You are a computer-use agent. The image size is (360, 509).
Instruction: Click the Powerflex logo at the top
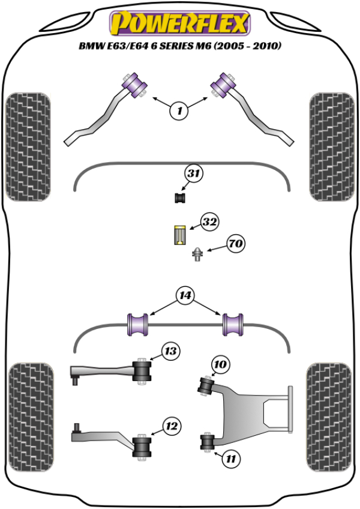tap(178, 23)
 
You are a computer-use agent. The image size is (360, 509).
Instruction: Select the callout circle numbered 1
tap(178, 110)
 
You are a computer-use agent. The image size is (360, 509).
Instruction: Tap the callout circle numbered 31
tap(193, 174)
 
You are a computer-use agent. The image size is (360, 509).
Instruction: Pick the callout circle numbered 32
tap(209, 222)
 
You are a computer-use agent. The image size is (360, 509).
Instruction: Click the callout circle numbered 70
tap(236, 244)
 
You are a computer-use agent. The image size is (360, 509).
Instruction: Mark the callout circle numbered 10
tap(220, 364)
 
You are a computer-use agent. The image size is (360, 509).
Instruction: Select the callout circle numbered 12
tap(171, 427)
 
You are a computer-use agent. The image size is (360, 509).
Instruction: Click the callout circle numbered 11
tap(230, 459)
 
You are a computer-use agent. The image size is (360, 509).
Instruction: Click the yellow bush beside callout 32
tap(179, 234)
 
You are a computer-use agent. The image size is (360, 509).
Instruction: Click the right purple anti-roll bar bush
tap(233, 324)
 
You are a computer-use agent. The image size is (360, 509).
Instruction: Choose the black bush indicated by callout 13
tap(143, 370)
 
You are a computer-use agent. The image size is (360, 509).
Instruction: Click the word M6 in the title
tap(221, 46)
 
